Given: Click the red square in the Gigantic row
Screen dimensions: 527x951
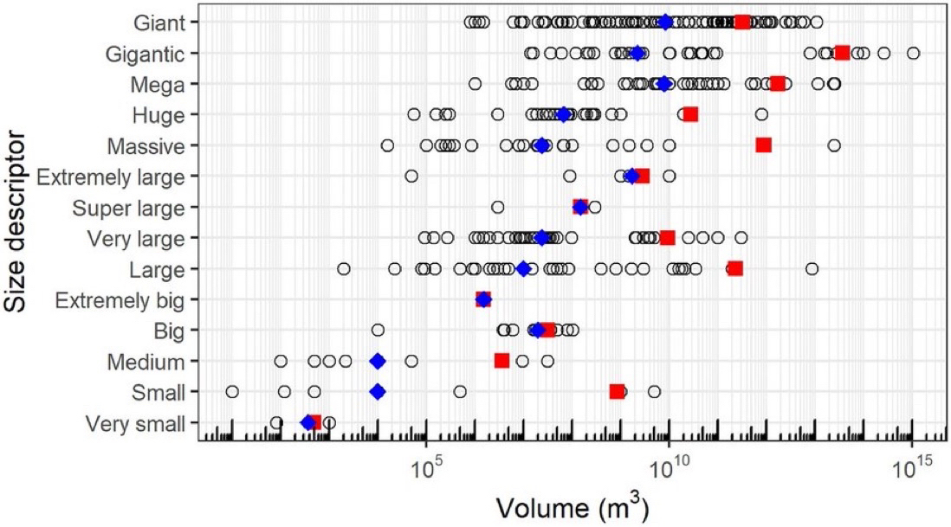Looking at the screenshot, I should tap(842, 53).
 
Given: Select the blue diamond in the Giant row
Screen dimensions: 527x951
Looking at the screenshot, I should tap(665, 22).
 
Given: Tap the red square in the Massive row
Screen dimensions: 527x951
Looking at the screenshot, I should tap(763, 145).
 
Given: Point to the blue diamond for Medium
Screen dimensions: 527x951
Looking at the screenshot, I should tap(377, 361).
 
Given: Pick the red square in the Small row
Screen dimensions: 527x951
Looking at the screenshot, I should tap(616, 392).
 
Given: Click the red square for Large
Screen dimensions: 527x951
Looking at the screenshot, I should tap(735, 268).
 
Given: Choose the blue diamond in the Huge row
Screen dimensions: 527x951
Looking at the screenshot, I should tap(564, 114).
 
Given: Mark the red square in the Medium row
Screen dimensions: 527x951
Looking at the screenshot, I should tap(501, 360).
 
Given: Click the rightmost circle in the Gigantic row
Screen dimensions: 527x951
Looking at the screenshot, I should tap(913, 53).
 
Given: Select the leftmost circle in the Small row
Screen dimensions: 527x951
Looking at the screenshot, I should tap(231, 392).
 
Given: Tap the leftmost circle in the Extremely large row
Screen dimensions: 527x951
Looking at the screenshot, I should tap(411, 176).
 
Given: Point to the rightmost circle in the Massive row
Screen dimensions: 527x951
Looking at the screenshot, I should tap(833, 145).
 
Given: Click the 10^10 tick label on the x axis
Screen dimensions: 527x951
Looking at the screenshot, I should tap(670, 466).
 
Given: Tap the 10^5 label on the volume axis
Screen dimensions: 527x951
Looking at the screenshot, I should tap(427, 466).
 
